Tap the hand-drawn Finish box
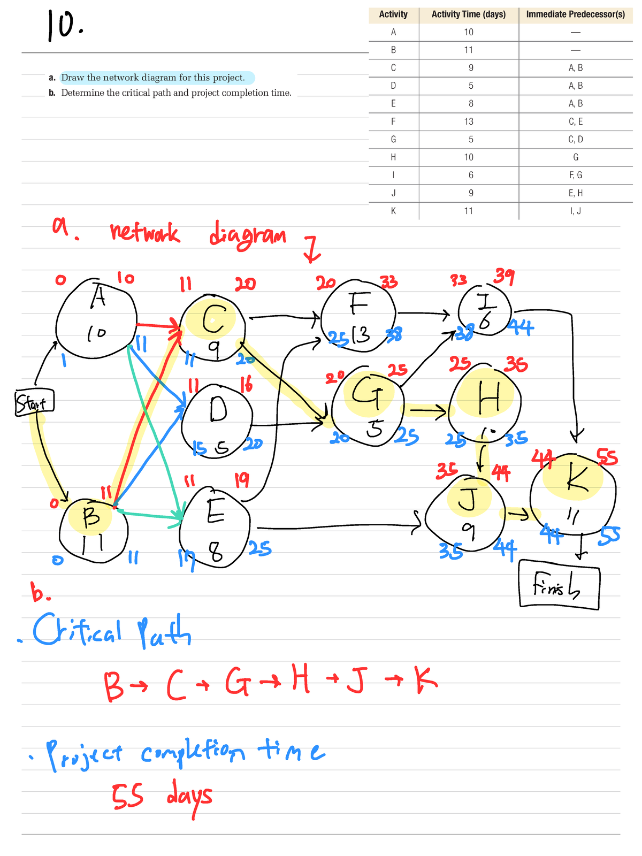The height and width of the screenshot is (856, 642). (559, 584)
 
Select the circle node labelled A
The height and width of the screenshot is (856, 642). (97, 318)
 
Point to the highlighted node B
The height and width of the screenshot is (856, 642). (93, 530)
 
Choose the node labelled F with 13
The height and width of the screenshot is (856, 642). (358, 316)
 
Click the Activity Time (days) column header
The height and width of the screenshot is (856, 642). (469, 14)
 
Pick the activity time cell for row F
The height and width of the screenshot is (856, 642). (469, 121)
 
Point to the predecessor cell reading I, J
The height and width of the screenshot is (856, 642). (575, 211)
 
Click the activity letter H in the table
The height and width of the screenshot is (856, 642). (393, 157)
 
